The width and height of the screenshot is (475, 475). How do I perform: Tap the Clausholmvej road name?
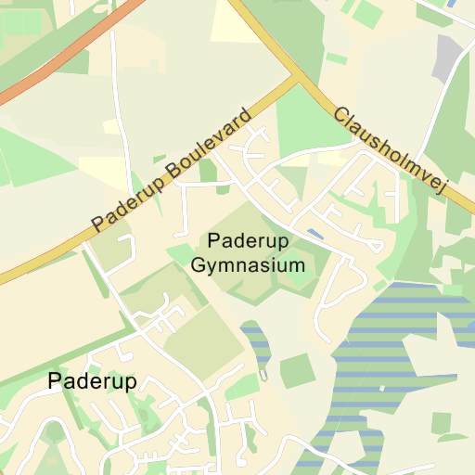(x=390, y=150)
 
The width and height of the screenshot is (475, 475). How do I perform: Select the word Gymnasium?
(x=248, y=265)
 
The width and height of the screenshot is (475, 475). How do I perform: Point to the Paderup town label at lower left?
(x=92, y=381)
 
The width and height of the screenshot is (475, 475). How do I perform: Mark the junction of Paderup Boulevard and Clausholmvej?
(x=296, y=78)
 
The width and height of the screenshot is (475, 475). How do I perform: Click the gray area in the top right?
(x=448, y=58)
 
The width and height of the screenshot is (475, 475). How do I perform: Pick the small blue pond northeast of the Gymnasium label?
(x=315, y=234)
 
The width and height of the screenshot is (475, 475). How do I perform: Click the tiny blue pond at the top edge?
(x=451, y=4)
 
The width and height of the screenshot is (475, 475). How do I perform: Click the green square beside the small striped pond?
(x=298, y=370)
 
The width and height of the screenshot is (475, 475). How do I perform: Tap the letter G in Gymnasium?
(x=198, y=265)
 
